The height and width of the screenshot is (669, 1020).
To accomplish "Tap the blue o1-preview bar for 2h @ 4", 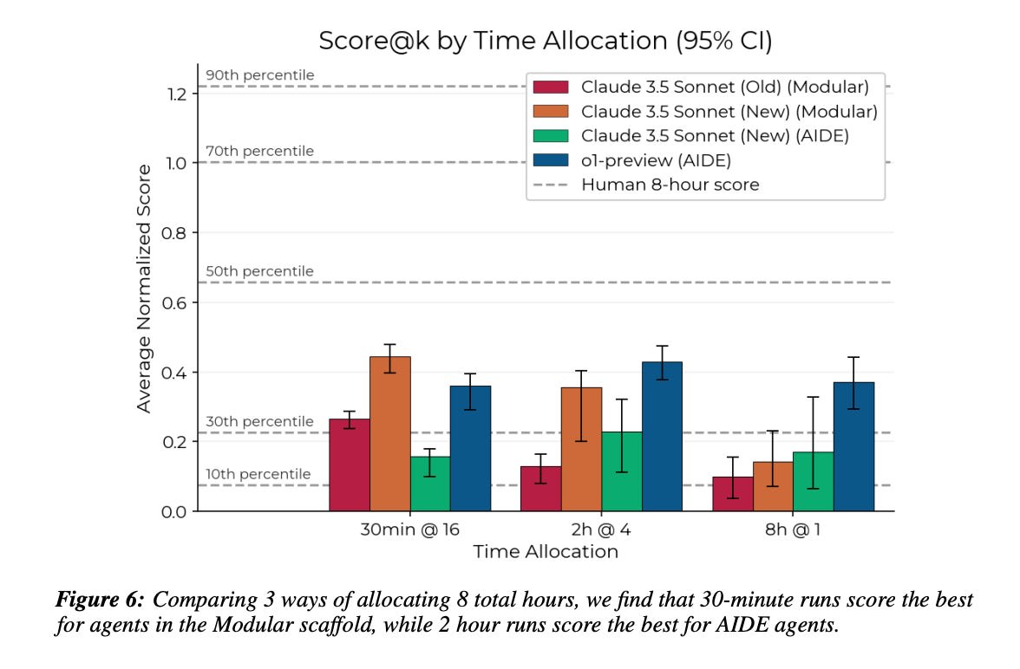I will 662,437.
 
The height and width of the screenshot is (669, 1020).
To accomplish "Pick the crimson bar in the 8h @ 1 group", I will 733,494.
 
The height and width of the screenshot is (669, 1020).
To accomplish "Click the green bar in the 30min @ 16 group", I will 430,484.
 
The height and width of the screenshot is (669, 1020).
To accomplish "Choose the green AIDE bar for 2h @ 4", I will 622,471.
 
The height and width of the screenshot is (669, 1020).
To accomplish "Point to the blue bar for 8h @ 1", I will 853,446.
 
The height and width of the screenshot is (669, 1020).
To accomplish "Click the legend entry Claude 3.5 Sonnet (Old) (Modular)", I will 724,87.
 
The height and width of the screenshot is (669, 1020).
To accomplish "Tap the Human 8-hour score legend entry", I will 670,184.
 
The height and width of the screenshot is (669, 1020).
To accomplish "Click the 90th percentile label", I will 260,75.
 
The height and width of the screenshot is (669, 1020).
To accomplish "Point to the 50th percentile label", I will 260,271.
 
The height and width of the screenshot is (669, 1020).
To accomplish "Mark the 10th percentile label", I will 258,474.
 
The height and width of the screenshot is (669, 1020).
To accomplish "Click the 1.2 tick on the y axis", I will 177,94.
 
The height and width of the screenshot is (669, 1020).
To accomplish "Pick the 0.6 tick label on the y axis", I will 177,302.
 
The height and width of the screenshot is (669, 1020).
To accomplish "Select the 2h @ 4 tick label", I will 602,529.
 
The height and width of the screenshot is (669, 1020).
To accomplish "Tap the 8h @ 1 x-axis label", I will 793,529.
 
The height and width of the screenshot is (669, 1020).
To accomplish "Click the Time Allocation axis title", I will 546,552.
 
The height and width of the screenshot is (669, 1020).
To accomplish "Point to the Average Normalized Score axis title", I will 144,289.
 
